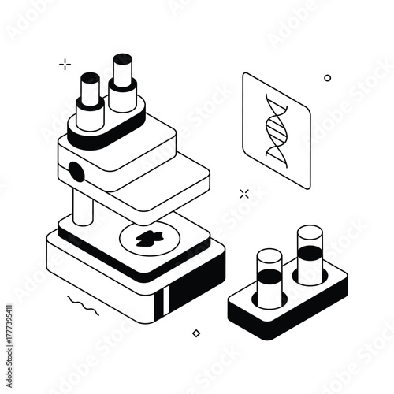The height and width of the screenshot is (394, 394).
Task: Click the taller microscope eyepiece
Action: [x=123, y=83]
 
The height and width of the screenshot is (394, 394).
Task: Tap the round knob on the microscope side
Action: [x=76, y=170]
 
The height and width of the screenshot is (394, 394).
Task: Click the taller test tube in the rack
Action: [x=310, y=252]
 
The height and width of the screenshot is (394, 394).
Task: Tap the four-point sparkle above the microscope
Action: [x=65, y=65]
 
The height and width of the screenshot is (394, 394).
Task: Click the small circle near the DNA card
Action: [x=328, y=78]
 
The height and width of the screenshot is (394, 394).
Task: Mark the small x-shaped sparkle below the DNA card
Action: [x=244, y=192]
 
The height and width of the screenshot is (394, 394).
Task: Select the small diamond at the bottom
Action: [x=196, y=333]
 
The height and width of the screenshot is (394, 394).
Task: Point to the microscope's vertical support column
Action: [x=83, y=206]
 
